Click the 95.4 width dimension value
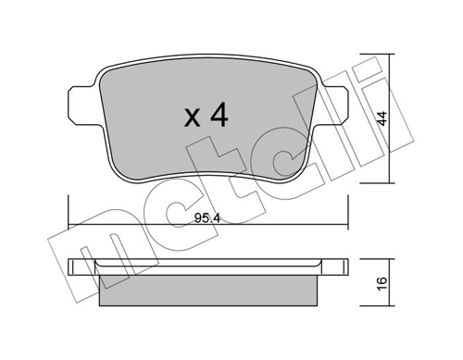tap(207, 218)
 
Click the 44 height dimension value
tap(382, 118)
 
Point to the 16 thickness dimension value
tap(382, 283)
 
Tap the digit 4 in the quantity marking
tap(219, 115)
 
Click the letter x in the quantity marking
tap(192, 118)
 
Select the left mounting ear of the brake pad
tap(81, 106)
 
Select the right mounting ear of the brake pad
tap(335, 106)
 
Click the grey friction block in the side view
tap(208, 291)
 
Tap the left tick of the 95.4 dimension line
tap(69, 212)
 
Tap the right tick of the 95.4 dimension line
tap(348, 212)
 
